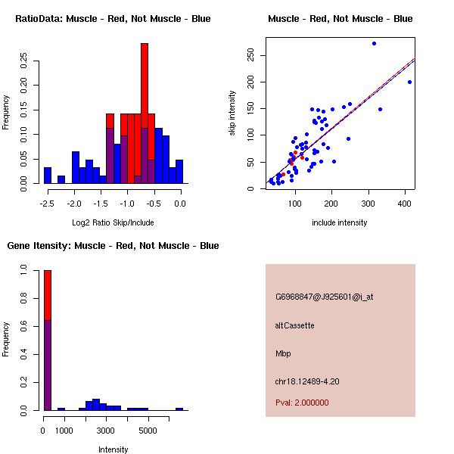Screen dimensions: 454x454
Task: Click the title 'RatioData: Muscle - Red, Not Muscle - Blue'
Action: [x=113, y=18]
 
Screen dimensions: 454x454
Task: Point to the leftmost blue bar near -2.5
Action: [x=48, y=176]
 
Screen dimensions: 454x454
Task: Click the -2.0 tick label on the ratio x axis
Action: [x=74, y=204]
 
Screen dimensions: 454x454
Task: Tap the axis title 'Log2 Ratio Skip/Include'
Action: [x=113, y=222]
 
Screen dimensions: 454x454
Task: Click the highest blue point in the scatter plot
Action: [x=374, y=43]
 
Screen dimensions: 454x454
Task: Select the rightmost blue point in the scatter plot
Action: [x=409, y=82]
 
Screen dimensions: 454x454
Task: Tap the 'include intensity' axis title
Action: [x=340, y=222]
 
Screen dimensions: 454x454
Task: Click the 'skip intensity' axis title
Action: [x=232, y=113]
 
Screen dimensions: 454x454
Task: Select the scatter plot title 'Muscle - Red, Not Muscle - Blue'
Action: [x=340, y=18]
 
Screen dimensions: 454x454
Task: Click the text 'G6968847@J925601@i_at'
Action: [x=324, y=297]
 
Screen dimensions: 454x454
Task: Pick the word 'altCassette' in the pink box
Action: [x=294, y=325]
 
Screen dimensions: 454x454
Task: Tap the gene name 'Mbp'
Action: [x=283, y=353]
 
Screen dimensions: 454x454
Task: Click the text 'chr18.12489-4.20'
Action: [x=307, y=381]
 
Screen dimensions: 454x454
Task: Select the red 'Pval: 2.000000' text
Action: [x=302, y=403]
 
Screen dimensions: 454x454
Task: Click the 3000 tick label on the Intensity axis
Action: [x=106, y=431]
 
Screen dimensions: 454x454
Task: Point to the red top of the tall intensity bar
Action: [x=48, y=295]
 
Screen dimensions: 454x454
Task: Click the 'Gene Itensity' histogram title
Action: [x=113, y=245]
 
